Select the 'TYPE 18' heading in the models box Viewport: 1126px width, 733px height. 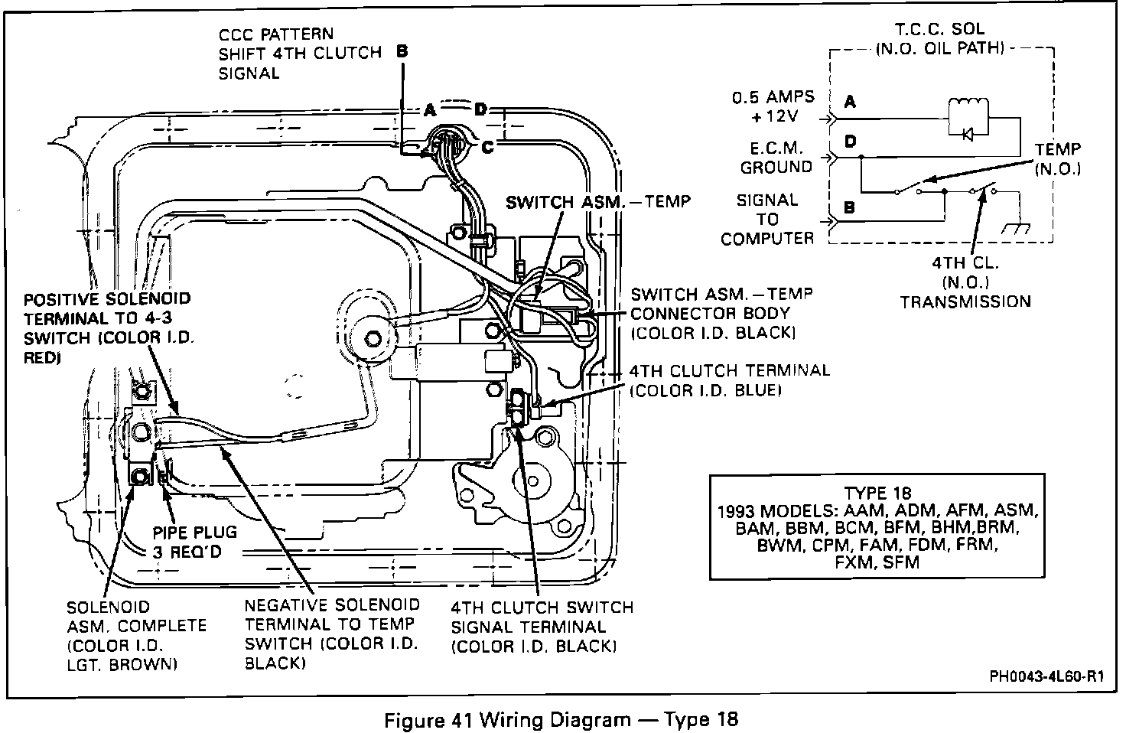pyautogui.click(x=878, y=494)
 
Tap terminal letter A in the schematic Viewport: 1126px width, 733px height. pyautogui.click(x=850, y=102)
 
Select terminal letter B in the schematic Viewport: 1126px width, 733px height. pyautogui.click(x=850, y=207)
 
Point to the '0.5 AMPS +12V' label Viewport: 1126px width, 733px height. pyautogui.click(x=773, y=107)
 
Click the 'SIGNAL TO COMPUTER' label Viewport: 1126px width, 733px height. pyautogui.click(x=767, y=219)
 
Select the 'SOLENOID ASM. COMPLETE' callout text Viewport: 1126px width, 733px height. pyautogui.click(x=135, y=636)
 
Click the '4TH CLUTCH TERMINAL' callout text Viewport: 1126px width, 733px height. pyautogui.click(x=729, y=380)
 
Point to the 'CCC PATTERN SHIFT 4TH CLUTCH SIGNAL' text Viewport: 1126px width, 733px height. pyautogui.click(x=299, y=54)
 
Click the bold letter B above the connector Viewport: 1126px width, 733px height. pyautogui.click(x=403, y=52)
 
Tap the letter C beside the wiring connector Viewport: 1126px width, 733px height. pyautogui.click(x=487, y=148)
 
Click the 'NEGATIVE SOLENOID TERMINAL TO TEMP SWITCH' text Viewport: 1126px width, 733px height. pyautogui.click(x=332, y=634)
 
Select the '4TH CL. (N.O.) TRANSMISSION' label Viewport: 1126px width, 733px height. pyautogui.click(x=965, y=282)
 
